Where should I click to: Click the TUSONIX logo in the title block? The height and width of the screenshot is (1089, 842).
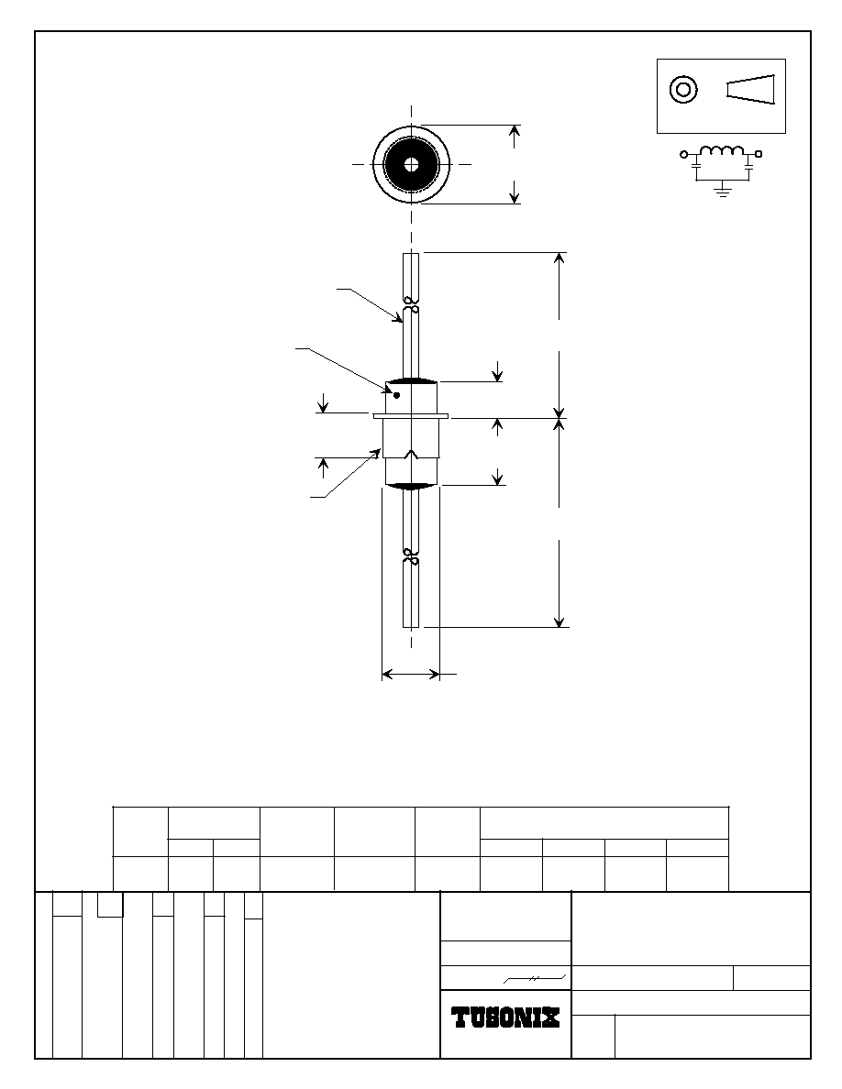coord(505,1017)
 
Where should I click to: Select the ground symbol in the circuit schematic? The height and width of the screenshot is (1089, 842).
coord(723,191)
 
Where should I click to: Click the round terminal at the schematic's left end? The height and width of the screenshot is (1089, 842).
coord(683,154)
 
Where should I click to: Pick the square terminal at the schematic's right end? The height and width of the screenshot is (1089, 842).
coord(759,154)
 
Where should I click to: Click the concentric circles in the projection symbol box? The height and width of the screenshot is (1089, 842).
coord(683,89)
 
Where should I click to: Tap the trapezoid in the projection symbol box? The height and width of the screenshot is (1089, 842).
coord(750,89)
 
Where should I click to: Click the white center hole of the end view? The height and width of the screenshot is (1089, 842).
coord(411,165)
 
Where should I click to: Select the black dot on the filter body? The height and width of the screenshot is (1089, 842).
coord(396,395)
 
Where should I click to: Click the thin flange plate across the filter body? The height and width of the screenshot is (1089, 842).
coord(411,416)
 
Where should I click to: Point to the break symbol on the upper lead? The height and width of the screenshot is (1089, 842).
coord(411,305)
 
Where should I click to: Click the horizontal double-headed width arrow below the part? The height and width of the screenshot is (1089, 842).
coord(411,674)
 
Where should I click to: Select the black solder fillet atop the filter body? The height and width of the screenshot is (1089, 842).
coord(411,381)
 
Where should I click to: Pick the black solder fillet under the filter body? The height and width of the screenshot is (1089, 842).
coord(411,486)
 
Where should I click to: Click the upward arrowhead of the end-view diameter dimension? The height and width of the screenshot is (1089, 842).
coord(514,136)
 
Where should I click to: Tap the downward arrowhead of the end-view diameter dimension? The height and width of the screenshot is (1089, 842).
coord(514,192)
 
